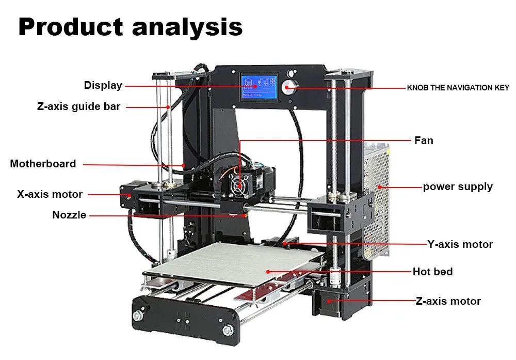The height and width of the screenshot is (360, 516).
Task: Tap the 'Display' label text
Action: tap(103, 85)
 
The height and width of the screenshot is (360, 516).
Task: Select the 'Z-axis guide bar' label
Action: tap(78, 107)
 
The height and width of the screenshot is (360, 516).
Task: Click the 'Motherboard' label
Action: tap(43, 164)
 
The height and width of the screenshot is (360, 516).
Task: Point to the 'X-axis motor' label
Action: tap(50, 195)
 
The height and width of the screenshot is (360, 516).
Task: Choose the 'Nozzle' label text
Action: tap(69, 215)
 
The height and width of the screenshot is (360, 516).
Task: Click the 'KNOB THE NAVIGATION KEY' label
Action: tap(458, 88)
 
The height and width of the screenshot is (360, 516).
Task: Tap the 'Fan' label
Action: tap(424, 140)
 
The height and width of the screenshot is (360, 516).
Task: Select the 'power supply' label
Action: tap(458, 186)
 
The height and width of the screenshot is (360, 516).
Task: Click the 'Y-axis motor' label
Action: tap(460, 244)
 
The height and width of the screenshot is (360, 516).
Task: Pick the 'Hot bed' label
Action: tap(432, 271)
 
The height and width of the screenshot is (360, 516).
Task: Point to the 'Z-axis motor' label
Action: tap(448, 301)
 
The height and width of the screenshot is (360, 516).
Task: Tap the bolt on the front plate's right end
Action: tap(226, 330)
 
